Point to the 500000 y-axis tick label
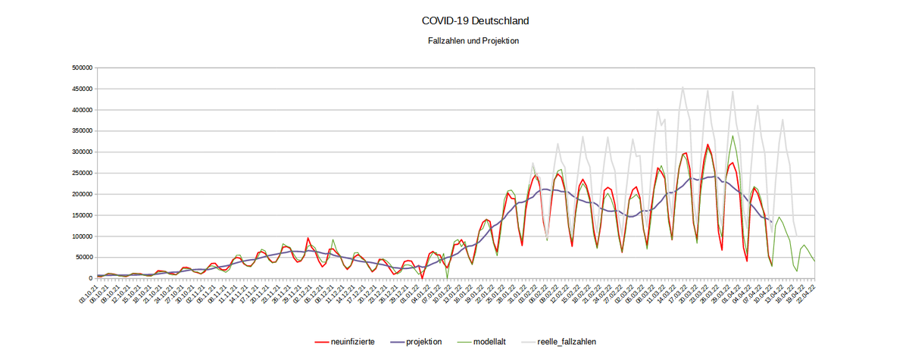point(80,67)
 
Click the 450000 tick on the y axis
point(80,89)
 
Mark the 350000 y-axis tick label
point(80,130)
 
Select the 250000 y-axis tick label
point(80,173)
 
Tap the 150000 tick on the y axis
point(80,215)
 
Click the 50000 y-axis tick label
point(81,258)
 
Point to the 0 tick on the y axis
point(89,279)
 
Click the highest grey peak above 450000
point(683,86)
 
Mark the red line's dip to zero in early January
point(422,278)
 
